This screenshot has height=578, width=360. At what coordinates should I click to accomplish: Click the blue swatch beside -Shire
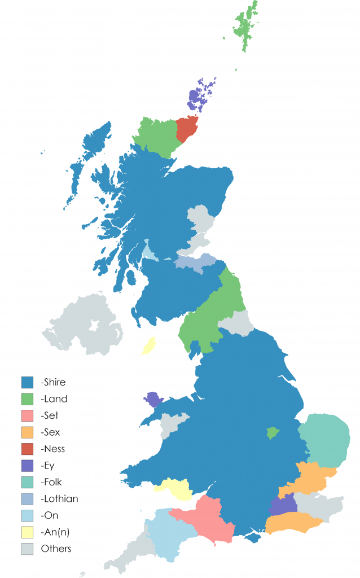[x=29, y=382]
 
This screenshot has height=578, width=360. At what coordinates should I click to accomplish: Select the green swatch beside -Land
[x=29, y=399]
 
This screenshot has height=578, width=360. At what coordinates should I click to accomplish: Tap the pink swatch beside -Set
[x=29, y=415]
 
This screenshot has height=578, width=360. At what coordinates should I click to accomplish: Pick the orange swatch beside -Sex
[x=29, y=432]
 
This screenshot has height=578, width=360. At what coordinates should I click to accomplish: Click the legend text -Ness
[x=53, y=449]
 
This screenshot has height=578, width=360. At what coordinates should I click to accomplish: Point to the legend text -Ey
[x=49, y=466]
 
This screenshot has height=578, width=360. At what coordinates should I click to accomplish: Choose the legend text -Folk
[x=52, y=482]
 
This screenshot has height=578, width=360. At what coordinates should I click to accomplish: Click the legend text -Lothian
[x=60, y=498]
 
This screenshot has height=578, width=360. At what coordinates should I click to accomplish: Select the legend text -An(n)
[x=55, y=532]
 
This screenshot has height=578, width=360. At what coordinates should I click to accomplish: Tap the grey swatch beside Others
[x=29, y=548]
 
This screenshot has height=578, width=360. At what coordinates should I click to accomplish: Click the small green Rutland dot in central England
[x=273, y=433]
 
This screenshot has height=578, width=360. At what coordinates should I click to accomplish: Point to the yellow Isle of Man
[x=149, y=345]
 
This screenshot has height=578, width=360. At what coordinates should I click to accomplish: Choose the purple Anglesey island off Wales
[x=153, y=399]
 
